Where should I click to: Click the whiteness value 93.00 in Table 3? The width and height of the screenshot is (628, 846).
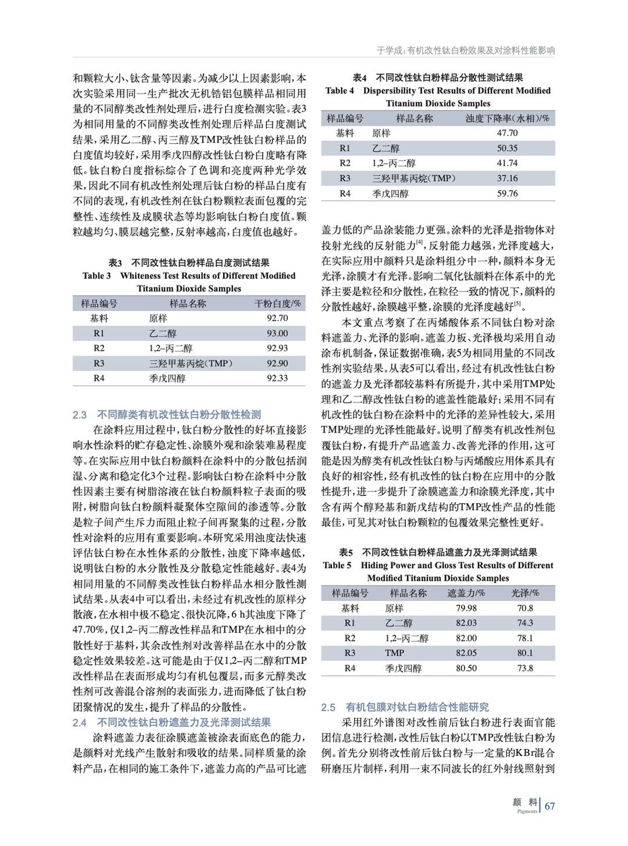(x=277, y=333)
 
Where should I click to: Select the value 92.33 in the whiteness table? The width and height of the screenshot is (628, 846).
(x=277, y=378)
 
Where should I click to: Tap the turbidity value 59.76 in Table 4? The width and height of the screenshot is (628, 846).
(x=507, y=193)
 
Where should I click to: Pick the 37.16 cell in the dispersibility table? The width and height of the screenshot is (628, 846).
(x=507, y=178)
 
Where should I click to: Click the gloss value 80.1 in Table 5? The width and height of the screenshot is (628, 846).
(x=524, y=653)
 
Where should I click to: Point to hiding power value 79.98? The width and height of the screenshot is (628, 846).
(x=466, y=608)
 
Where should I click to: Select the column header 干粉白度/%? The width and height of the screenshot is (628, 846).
(x=278, y=304)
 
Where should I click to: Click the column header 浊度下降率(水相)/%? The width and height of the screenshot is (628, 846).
(x=507, y=118)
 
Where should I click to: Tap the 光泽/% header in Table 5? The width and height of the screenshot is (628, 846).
(x=524, y=593)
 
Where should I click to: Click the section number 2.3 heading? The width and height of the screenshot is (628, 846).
(x=80, y=415)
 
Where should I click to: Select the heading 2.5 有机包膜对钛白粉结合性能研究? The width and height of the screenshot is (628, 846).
(x=405, y=707)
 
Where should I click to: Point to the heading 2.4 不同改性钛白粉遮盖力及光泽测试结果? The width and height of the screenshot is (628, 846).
(x=172, y=722)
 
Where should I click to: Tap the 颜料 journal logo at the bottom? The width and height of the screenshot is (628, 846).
(x=524, y=804)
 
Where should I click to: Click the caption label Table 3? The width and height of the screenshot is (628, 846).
(x=97, y=276)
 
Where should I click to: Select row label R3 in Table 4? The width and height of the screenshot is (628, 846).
(x=345, y=178)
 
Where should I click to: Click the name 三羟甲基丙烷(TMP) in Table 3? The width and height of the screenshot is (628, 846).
(x=190, y=363)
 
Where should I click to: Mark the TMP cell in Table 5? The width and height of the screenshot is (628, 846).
(x=394, y=653)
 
